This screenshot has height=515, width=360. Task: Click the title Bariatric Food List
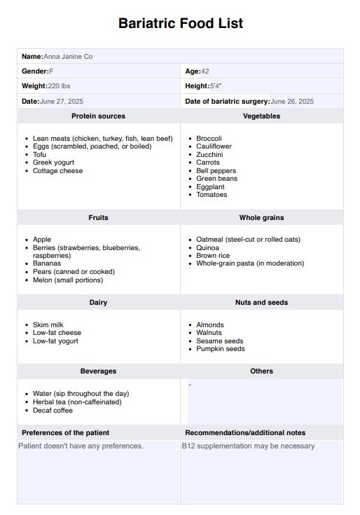tap(181, 23)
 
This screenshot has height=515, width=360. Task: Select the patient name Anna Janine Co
tap(68, 56)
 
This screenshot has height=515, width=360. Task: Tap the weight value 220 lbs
tap(59, 85)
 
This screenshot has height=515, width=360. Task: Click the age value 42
tap(205, 71)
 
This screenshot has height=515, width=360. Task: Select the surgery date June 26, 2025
tap(292, 102)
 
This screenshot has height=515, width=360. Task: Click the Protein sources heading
tap(98, 116)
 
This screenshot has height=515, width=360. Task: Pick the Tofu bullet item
tap(41, 155)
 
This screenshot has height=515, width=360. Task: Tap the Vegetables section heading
tap(261, 116)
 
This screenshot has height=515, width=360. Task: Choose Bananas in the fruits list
tap(47, 263)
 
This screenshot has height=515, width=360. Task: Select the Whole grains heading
tap(261, 218)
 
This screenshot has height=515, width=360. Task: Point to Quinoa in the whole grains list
tap(208, 248)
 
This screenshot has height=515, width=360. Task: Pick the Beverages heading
tap(98, 371)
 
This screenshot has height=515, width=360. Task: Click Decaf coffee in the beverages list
tap(53, 411)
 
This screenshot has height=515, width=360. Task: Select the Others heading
tap(261, 371)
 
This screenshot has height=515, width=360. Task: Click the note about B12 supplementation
tap(249, 446)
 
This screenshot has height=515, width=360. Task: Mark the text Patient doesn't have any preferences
tap(81, 446)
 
